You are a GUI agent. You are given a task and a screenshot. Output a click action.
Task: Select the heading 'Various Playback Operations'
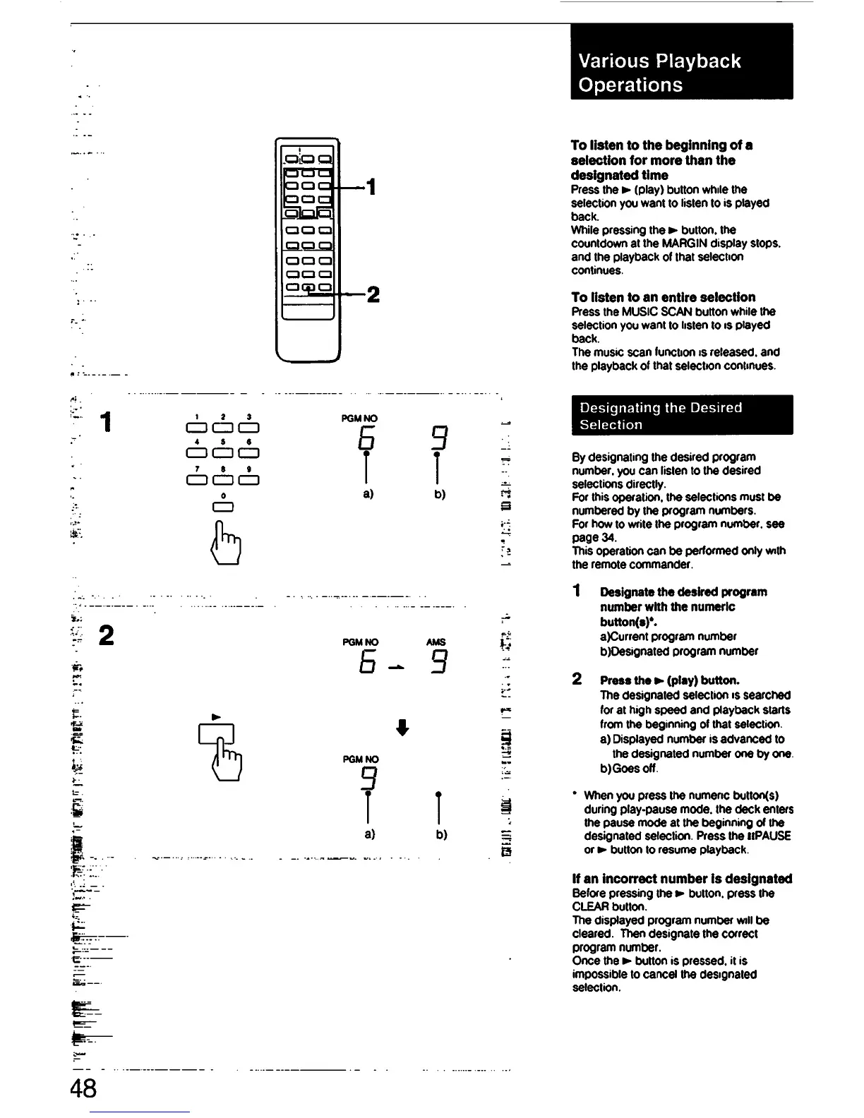pos(659,72)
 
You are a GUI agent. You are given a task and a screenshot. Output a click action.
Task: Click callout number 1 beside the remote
pos(371,187)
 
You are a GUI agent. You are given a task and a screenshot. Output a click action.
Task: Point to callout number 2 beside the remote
pos(373,294)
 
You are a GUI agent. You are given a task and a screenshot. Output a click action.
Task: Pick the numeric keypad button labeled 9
pos(249,479)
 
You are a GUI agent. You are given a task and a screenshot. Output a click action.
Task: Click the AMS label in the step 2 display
pos(436,642)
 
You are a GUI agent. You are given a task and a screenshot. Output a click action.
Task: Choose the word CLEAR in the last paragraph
pos(589,907)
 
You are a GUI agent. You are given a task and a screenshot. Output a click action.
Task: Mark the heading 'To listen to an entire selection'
pos(663,297)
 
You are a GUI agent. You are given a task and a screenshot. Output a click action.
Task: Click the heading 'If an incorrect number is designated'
pos(681,879)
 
